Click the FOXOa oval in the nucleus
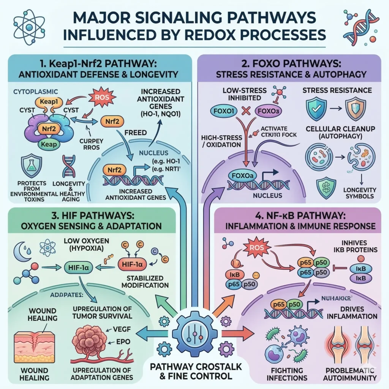pyautogui.click(x=242, y=176)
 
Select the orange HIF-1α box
pyautogui.click(x=131, y=263)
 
